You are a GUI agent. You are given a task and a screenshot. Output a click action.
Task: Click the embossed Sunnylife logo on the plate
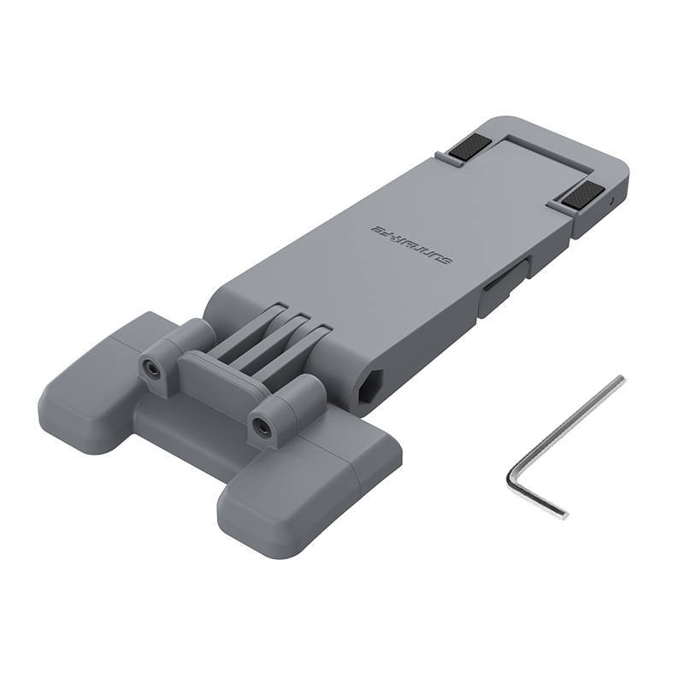[x=415, y=245]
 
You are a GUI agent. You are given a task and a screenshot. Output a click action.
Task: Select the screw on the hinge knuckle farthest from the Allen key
[x=151, y=369]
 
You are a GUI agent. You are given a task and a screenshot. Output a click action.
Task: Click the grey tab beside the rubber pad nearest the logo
[x=442, y=157]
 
